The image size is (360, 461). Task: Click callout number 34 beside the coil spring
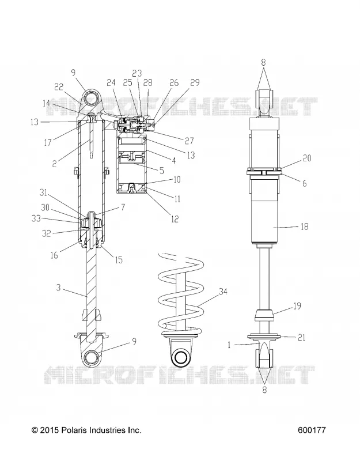point(223,292)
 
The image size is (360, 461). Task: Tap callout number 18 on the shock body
point(304,226)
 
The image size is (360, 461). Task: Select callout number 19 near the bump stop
point(297,306)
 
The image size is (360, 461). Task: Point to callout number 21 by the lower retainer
point(301,338)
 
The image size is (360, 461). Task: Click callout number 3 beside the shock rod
point(59,287)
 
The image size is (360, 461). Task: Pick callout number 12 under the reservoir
point(175,219)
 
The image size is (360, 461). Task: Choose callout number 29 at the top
point(195,82)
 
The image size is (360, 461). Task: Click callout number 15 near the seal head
point(119,260)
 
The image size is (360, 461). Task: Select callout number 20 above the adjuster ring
point(306,158)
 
